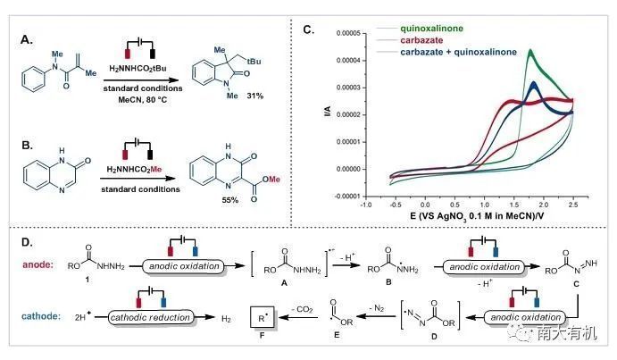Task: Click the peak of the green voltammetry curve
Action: pos(530,51)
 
